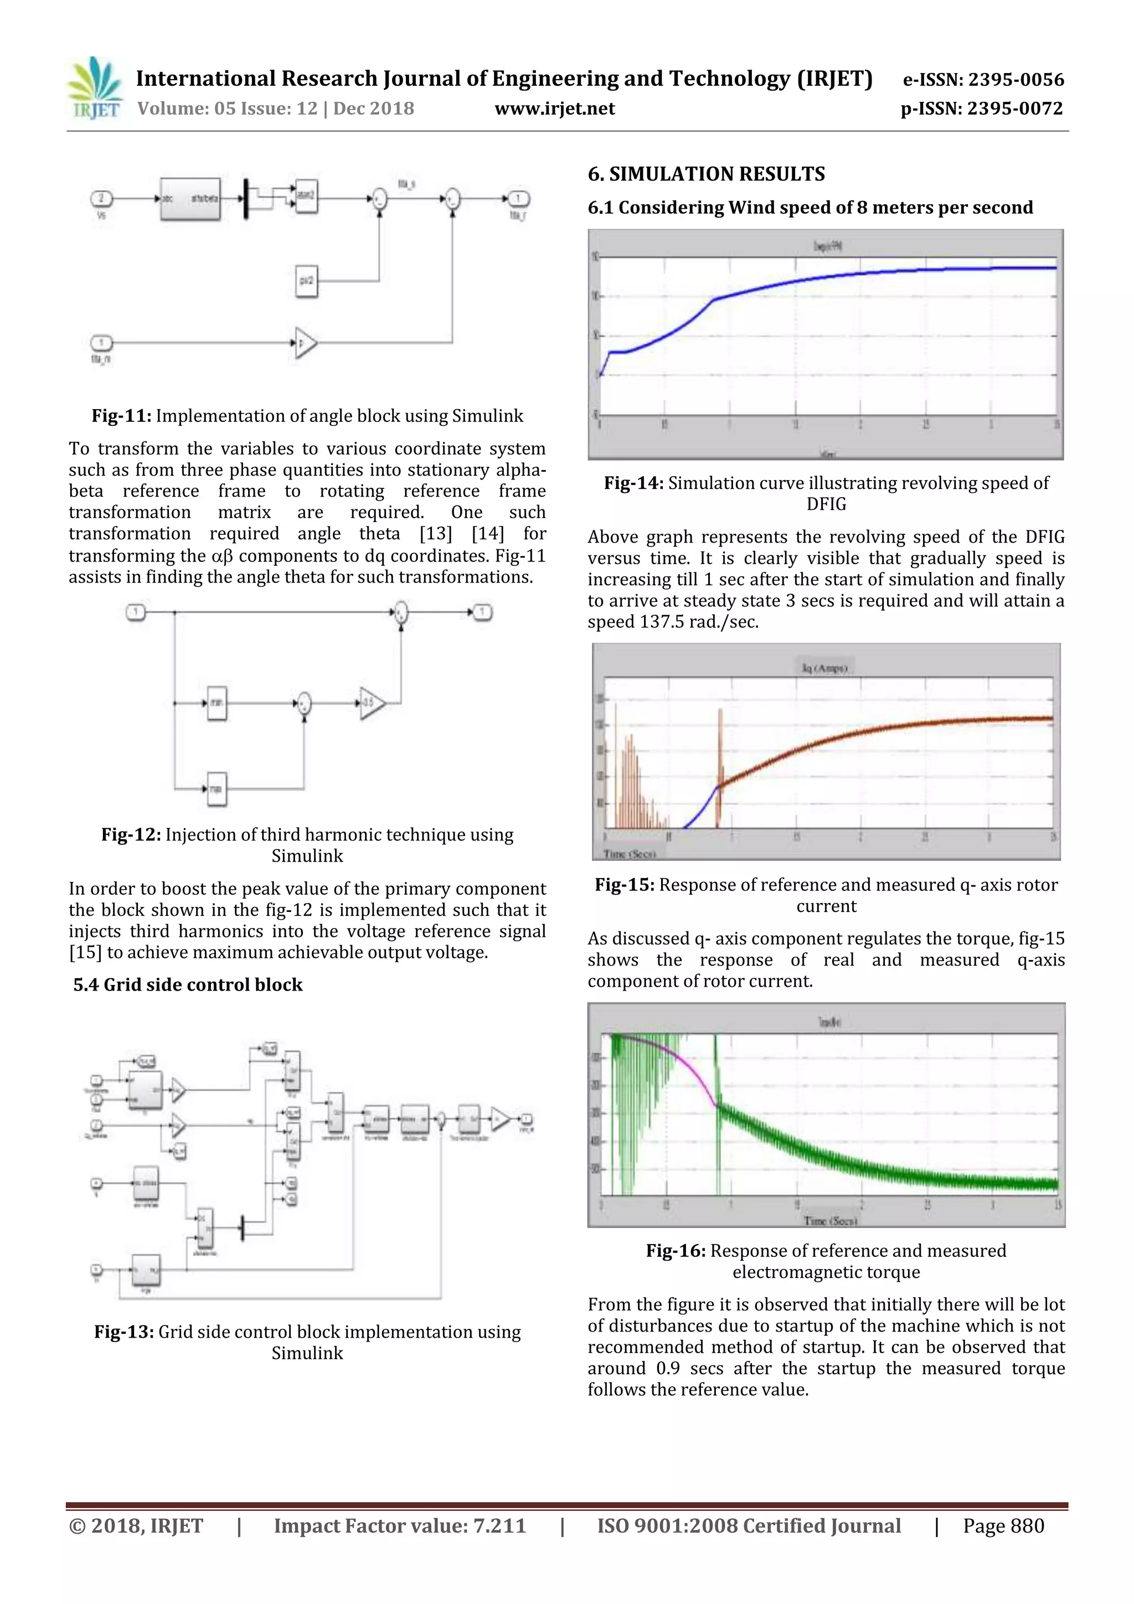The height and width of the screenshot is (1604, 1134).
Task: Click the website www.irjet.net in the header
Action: click(554, 109)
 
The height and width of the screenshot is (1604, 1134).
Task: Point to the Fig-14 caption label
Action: click(633, 483)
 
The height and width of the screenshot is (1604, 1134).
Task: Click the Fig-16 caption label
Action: click(675, 1251)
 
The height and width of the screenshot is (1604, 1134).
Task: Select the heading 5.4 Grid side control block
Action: click(188, 985)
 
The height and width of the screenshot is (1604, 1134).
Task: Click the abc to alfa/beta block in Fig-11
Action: click(190, 199)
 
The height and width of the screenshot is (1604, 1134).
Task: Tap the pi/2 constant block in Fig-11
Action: click(306, 281)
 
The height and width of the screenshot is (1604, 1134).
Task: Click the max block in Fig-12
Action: click(217, 789)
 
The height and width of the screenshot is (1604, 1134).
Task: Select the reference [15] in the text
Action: click(85, 953)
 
